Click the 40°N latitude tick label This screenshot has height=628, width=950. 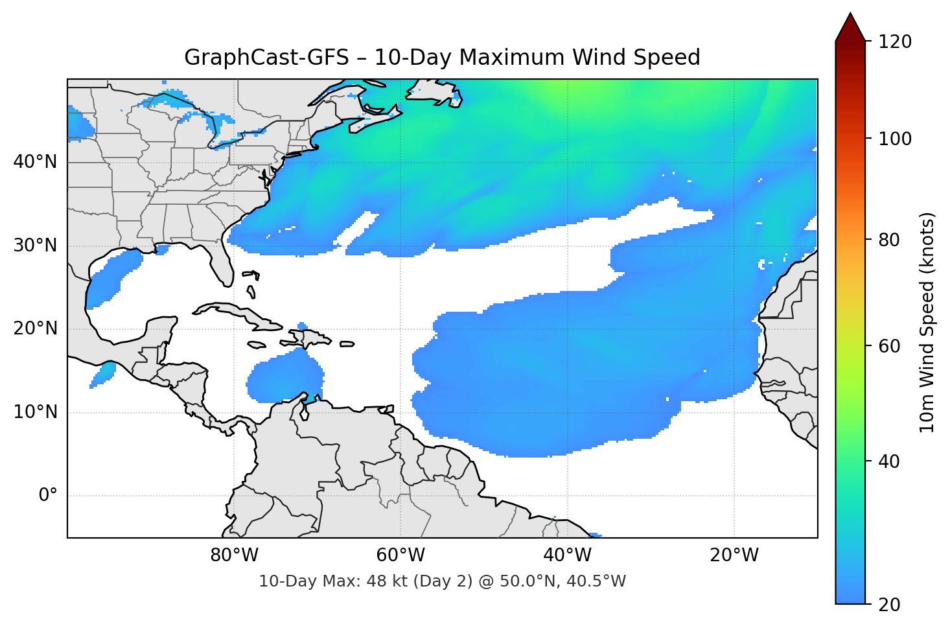[x=35, y=162]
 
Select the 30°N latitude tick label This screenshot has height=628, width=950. [x=35, y=246]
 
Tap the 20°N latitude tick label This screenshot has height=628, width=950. [x=35, y=329]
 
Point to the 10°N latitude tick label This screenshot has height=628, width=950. [x=35, y=412]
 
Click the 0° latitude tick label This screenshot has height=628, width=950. [x=48, y=496]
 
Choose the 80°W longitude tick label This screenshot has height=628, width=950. [x=234, y=555]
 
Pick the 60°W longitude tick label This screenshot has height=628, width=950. [x=400, y=555]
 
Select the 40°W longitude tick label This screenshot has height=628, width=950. [x=568, y=555]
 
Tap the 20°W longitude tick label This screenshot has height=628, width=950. [x=734, y=555]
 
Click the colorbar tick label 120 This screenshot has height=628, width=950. [x=895, y=42]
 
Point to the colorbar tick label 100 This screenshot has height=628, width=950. [x=895, y=139]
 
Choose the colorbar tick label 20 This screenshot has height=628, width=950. [x=889, y=605]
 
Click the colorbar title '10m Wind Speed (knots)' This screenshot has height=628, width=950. [x=927, y=323]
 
